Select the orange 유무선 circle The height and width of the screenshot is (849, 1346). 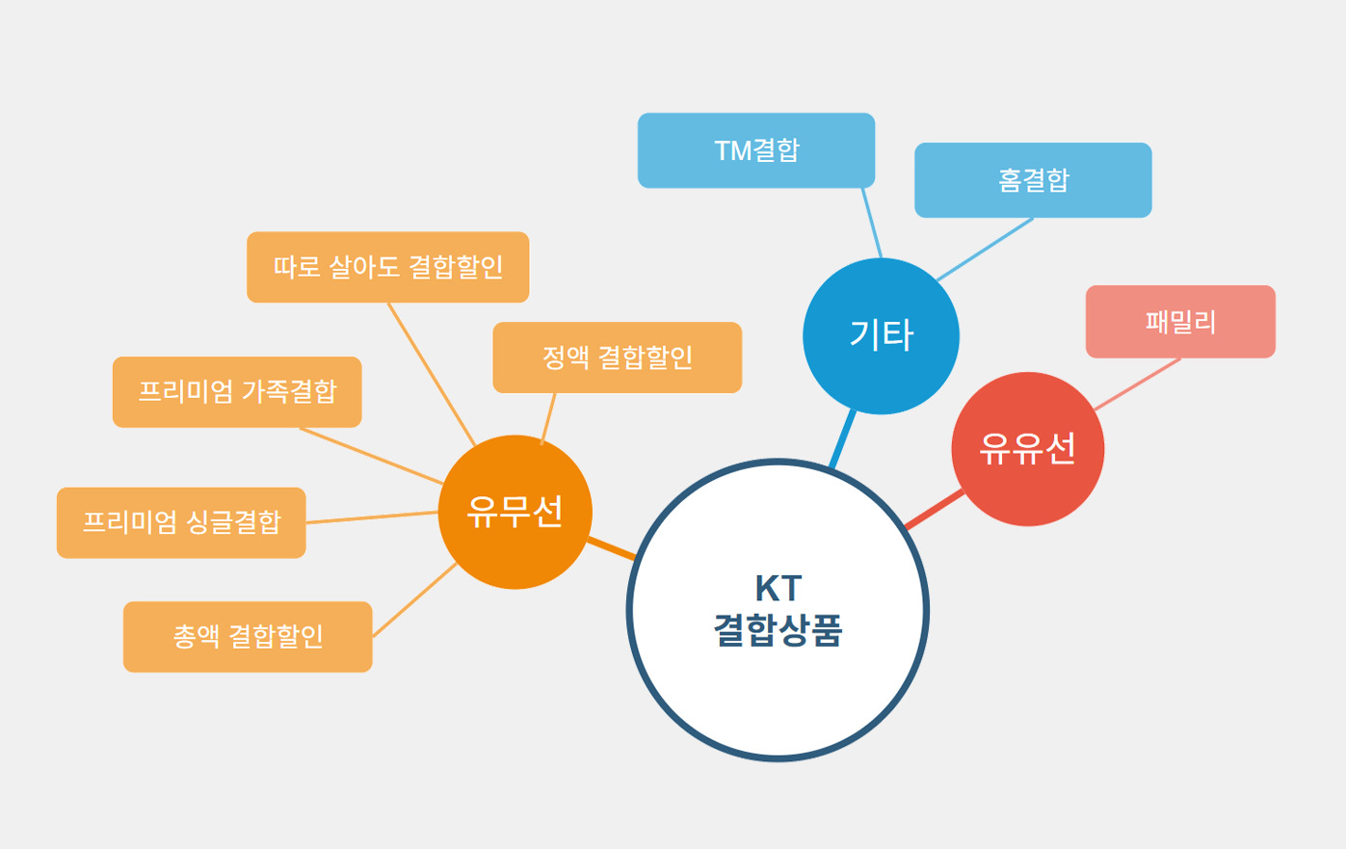[515, 512]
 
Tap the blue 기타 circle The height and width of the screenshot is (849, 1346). [881, 335]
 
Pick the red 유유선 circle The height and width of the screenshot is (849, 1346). [1027, 449]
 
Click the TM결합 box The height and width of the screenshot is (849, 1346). [756, 150]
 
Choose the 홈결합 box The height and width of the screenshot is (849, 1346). [1033, 180]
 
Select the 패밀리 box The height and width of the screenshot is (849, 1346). [1180, 322]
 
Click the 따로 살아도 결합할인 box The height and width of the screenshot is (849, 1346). [387, 267]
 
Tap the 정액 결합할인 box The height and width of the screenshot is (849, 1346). [617, 358]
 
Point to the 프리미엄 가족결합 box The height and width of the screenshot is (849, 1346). [237, 392]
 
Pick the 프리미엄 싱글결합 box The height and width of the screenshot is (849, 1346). [181, 522]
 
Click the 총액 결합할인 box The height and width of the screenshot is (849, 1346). [248, 637]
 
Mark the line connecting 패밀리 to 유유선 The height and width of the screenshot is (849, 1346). [1138, 385]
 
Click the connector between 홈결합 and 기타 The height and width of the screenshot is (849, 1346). [985, 250]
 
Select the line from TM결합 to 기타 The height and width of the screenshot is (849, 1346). [871, 223]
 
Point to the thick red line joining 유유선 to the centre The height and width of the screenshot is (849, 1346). [934, 509]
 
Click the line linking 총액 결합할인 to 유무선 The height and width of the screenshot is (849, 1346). [414, 600]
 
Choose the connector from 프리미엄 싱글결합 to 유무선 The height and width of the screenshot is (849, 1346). [372, 517]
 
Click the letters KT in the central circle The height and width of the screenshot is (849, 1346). [778, 588]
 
